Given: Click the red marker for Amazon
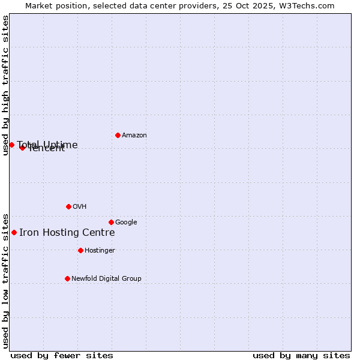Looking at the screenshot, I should [x=118, y=135].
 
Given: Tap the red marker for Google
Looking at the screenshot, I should [x=111, y=222].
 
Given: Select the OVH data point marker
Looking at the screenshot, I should [x=68, y=206].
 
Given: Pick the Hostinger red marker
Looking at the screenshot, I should [x=80, y=250].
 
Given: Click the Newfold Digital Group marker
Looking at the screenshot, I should [x=67, y=278].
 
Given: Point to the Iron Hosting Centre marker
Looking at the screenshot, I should [x=14, y=232].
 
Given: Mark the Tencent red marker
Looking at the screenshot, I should [x=22, y=148].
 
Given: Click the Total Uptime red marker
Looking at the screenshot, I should [x=11, y=145].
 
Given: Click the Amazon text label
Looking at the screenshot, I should [x=134, y=136].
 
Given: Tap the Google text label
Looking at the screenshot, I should [x=126, y=223].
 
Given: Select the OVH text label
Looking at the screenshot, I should [x=80, y=207].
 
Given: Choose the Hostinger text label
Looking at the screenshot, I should [x=100, y=251].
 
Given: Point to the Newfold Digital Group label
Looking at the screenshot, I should [x=106, y=279].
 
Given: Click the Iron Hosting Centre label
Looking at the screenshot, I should [x=67, y=233].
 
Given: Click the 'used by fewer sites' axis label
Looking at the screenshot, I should [x=62, y=355].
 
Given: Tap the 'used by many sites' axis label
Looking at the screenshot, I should [x=301, y=355].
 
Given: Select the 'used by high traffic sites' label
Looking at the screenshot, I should [x=6, y=85].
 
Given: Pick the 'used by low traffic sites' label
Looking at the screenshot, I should [x=6, y=280].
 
